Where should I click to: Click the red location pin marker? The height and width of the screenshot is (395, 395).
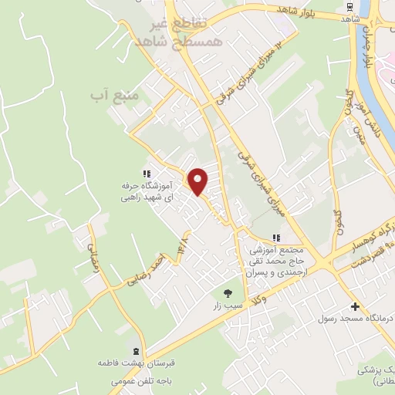click(198, 181)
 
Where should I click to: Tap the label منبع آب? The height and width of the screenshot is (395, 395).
click(113, 95)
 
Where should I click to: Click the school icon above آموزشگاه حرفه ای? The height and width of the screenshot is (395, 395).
click(145, 174)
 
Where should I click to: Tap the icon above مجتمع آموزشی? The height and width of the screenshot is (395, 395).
click(276, 238)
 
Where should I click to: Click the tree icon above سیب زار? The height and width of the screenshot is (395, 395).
click(228, 292)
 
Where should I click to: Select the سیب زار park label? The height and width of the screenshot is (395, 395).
click(228, 306)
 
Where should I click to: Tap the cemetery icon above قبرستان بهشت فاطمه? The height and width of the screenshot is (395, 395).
click(137, 350)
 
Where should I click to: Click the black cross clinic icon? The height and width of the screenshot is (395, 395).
click(354, 306)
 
